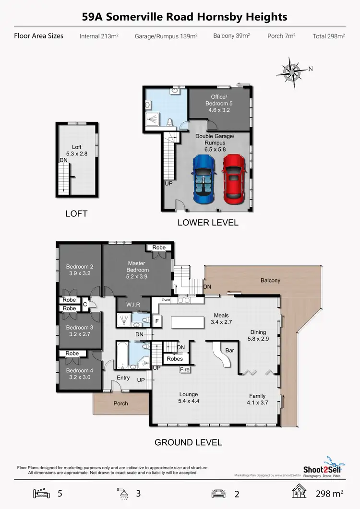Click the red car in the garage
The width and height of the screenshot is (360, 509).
coord(234,176)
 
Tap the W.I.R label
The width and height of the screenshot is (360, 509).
coord(133,304)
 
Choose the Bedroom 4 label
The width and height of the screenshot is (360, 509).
coord(80,374)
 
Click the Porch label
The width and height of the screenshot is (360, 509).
coord(121,403)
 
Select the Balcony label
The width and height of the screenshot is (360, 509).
coord(270,280)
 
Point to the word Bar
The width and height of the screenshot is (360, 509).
coord(229,351)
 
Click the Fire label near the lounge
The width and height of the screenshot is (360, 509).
coord(185,370)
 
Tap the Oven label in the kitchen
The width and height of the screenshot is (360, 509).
coord(166,300)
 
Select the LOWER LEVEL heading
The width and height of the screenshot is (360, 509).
coord(208,223)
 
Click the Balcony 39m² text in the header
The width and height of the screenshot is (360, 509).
coord(252,36)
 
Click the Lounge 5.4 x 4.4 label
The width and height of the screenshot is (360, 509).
coord(188,398)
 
